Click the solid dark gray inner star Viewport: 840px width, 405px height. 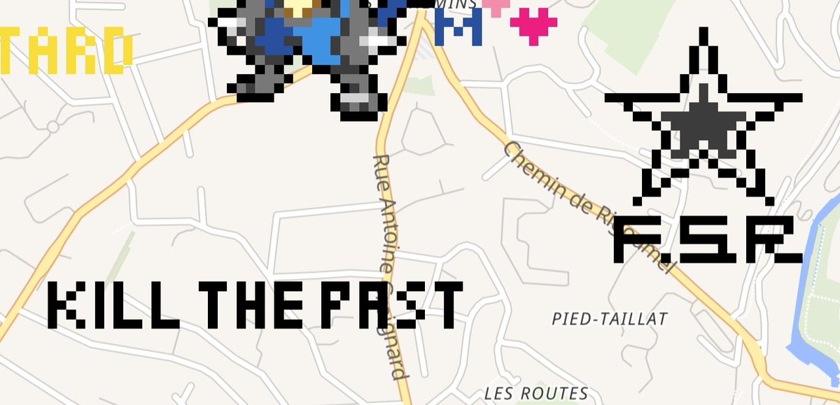(703, 126)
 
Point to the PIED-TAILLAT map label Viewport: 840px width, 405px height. (609, 319)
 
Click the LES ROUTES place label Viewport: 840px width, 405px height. (536, 393)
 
